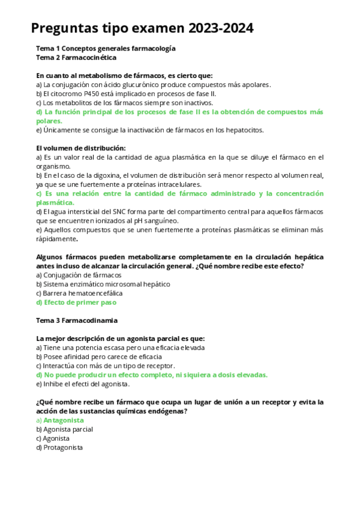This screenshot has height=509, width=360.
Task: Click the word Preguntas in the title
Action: [x=64, y=28]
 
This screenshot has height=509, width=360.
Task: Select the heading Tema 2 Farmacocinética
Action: [x=76, y=58]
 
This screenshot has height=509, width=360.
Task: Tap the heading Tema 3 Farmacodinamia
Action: [x=77, y=321]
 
